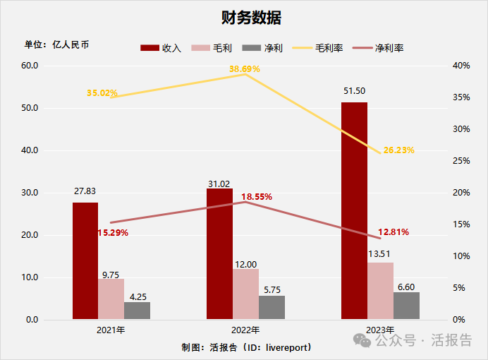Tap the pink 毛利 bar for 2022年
(245, 294)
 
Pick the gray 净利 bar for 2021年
(137, 311)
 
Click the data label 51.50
(354, 91)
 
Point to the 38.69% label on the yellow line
(244, 69)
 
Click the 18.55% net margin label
(257, 196)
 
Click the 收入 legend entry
(161, 48)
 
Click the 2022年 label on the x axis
(245, 330)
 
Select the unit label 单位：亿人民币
(57, 44)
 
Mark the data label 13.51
(381, 253)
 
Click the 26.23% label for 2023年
(398, 150)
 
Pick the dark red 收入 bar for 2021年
(85, 260)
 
